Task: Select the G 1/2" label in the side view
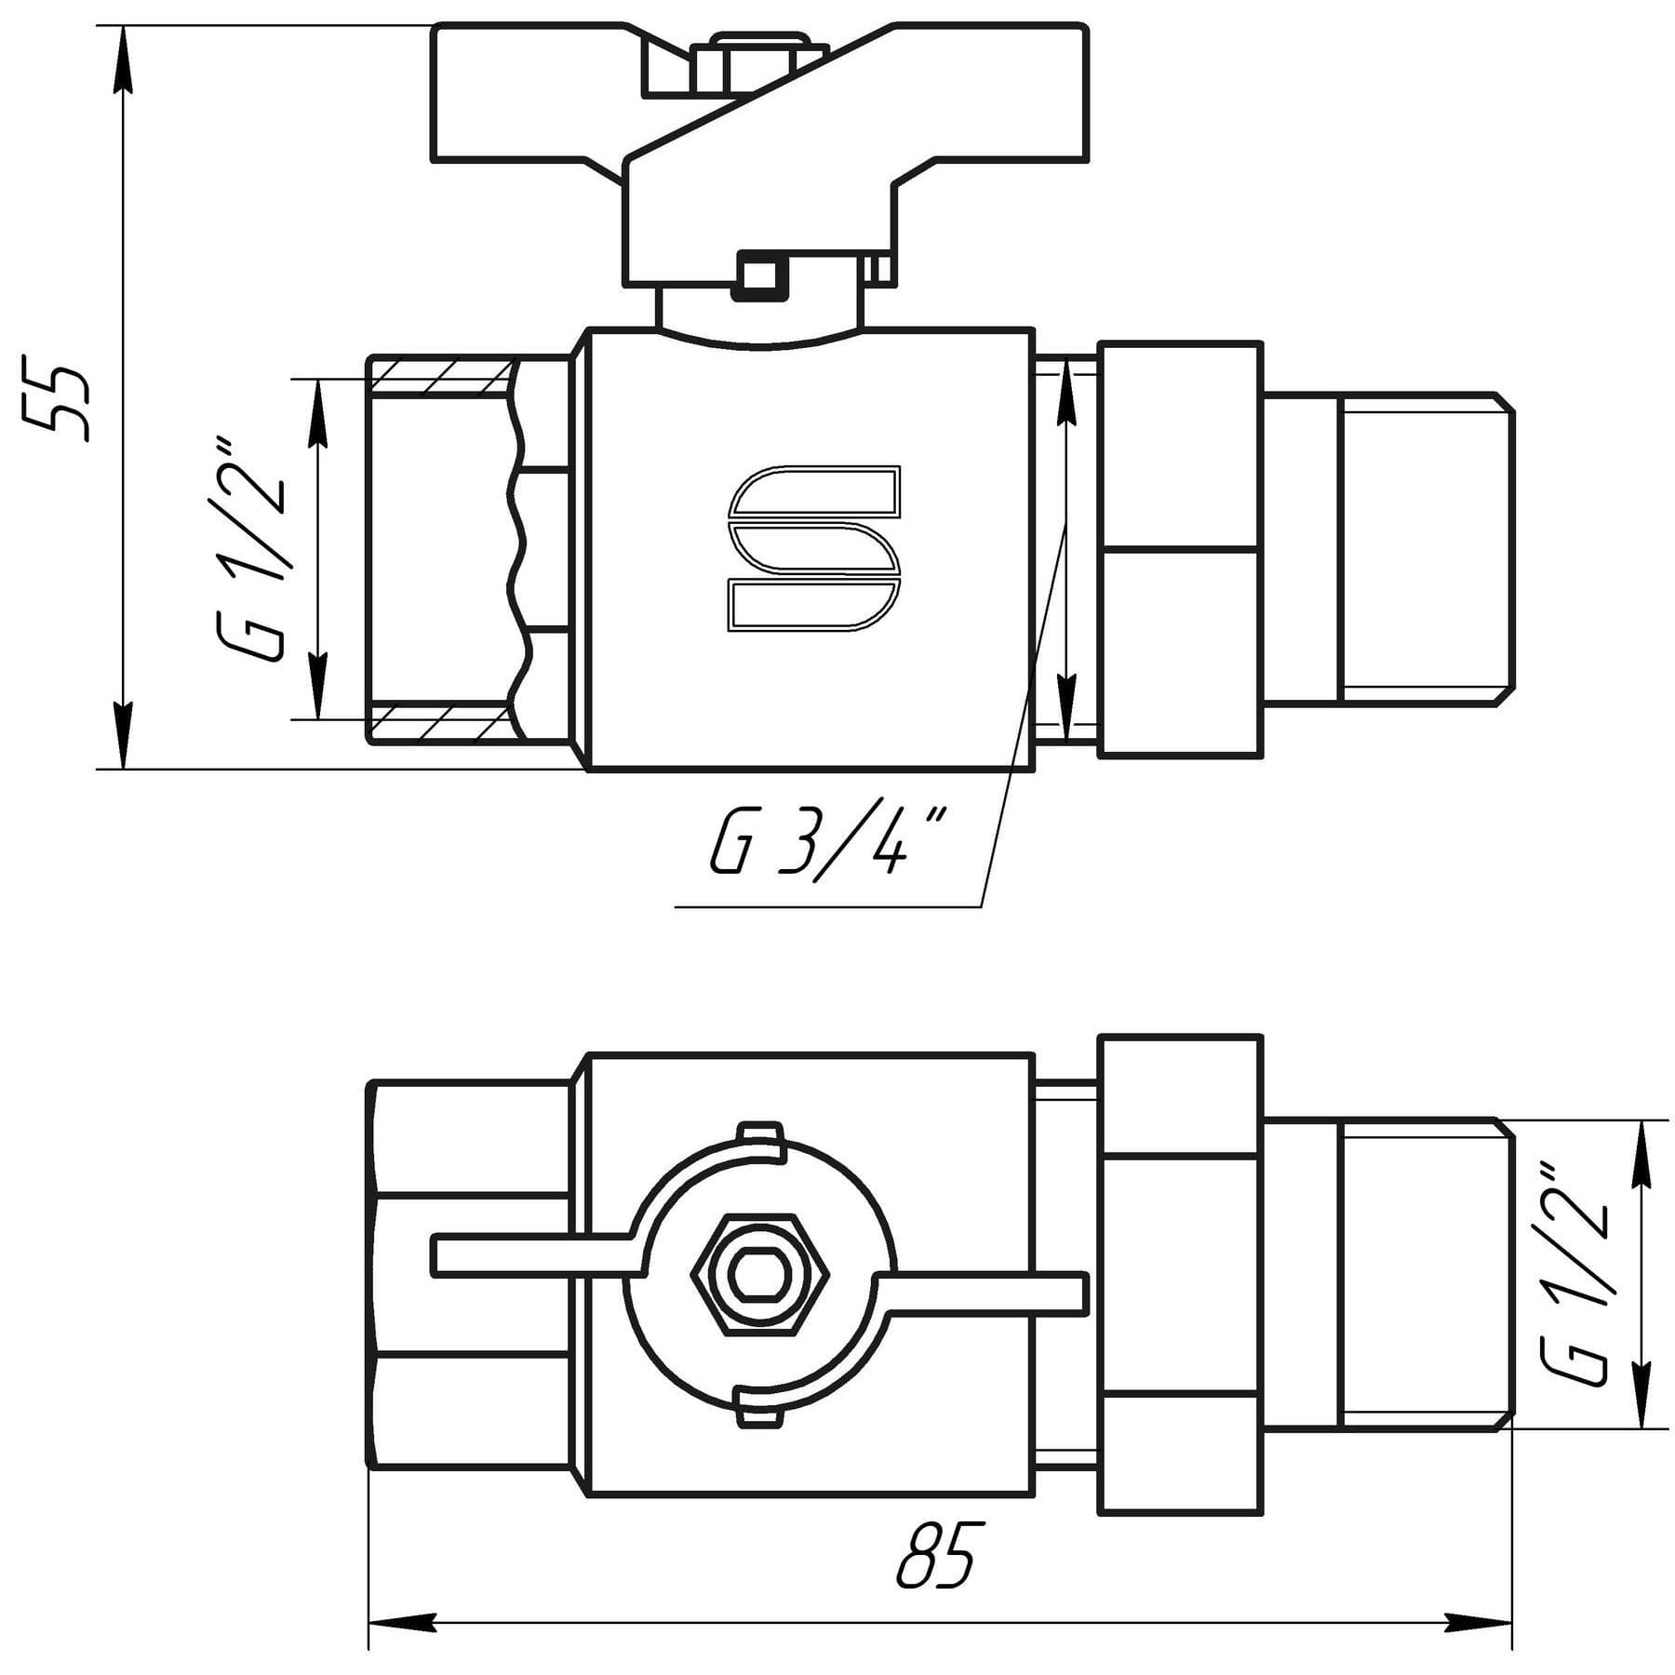249,549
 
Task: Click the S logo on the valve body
814,549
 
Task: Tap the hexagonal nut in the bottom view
759,1275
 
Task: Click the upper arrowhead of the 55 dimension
122,60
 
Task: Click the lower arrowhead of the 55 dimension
122,735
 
